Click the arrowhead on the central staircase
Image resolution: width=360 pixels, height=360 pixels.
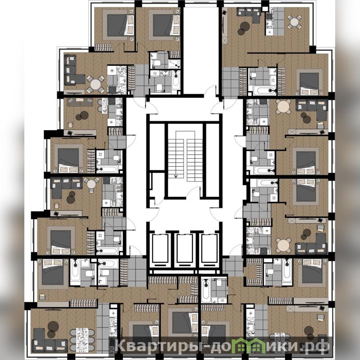click(x=176, y=176)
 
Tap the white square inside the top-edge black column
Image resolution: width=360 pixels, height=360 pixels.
click(x=265, y=9)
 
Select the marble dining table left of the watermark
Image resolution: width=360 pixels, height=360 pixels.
click(x=82, y=340)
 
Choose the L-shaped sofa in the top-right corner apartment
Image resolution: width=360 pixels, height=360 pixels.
click(x=250, y=14)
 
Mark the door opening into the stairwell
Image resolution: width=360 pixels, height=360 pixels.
click(x=194, y=192)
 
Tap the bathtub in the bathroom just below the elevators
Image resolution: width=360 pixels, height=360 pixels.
click(x=206, y=291)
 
